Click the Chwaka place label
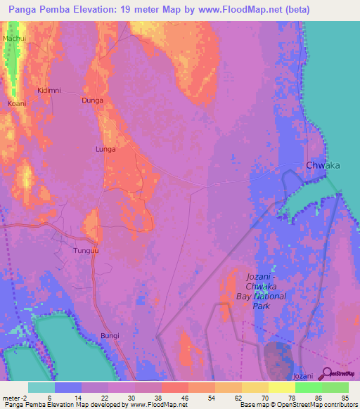323,165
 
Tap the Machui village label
14,37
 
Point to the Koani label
17,103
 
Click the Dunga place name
92,100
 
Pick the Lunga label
105,149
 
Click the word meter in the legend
12,397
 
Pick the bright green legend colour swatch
309,387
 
